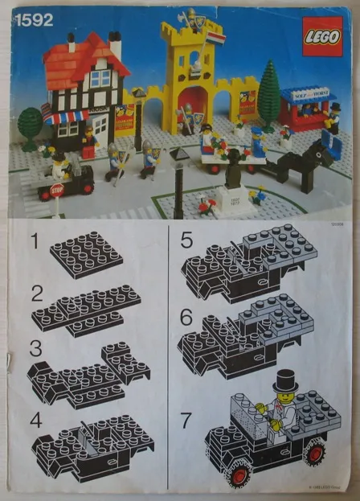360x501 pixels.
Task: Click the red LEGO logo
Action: [x=321, y=37]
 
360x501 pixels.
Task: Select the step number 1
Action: [x=34, y=240]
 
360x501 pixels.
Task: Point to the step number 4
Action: [x=34, y=420]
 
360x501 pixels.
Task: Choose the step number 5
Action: [x=186, y=240]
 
